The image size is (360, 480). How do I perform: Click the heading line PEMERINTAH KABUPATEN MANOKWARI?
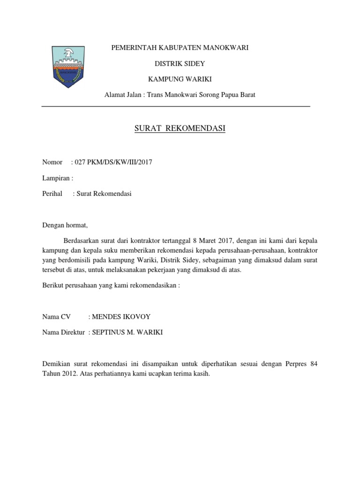click(180, 48)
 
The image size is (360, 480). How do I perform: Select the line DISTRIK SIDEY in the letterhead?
click(180, 63)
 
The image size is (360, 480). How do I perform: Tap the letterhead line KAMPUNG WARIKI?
click(180, 79)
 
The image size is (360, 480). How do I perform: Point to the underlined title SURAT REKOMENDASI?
click(180, 128)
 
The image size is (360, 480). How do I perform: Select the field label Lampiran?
click(56, 178)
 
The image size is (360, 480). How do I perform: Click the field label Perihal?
click(52, 194)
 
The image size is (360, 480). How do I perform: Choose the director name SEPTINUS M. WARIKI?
click(127, 332)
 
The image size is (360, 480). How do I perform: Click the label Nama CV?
click(56, 316)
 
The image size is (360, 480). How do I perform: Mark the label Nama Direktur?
click(63, 332)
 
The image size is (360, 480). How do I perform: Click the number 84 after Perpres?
click(314, 364)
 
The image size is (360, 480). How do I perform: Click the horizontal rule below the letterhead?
click(176, 107)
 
